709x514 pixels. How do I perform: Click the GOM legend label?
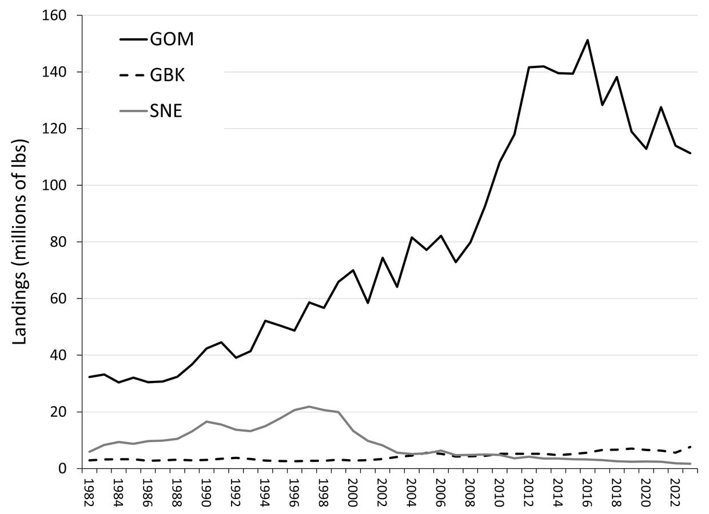pos(172,40)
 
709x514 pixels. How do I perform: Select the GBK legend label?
pos(167,75)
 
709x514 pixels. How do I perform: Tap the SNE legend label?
pos(166,111)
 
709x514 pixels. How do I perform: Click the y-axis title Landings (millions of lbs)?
pos(21,242)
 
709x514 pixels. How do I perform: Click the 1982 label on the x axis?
pos(89,492)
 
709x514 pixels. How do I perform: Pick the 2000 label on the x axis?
pos(353,492)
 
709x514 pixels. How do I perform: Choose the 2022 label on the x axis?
pos(675,492)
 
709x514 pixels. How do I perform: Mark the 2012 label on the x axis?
pos(529,492)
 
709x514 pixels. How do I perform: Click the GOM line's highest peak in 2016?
pos(587,40)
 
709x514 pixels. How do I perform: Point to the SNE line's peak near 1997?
pos(309,407)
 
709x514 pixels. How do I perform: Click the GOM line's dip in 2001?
pos(368,302)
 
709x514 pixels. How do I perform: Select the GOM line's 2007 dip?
pos(456,262)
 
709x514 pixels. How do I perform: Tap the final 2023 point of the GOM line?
pos(690,153)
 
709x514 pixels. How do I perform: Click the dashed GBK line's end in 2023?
pos(690,447)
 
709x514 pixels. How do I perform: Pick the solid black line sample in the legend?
pos(133,40)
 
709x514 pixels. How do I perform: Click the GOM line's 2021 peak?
pos(661,107)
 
